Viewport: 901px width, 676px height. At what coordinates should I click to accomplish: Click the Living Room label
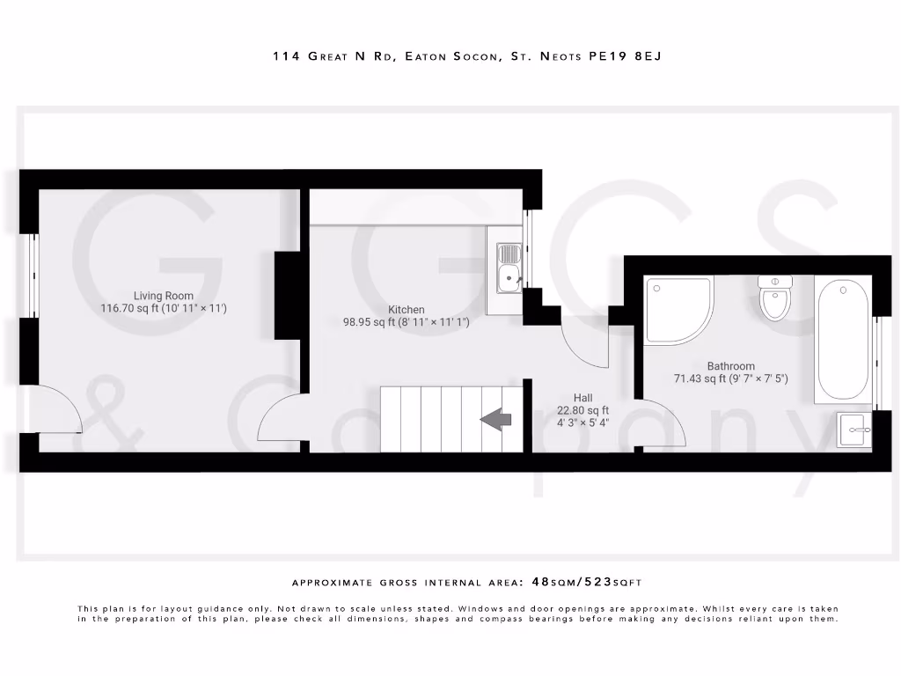(x=164, y=297)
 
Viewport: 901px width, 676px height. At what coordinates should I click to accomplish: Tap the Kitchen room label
(x=407, y=310)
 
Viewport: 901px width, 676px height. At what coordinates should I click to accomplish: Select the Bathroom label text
(x=730, y=366)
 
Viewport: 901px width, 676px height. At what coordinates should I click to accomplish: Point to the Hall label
(x=582, y=397)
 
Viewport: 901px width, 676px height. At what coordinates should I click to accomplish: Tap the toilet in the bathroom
(x=775, y=298)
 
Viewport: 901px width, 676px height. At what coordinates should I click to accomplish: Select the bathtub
(x=841, y=339)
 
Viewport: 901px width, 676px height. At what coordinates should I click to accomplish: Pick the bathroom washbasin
(x=853, y=431)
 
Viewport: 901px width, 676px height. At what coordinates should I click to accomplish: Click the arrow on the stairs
(x=496, y=421)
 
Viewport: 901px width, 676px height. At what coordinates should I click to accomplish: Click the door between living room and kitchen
(x=280, y=421)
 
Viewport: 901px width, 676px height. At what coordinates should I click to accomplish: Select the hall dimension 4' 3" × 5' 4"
(x=582, y=422)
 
